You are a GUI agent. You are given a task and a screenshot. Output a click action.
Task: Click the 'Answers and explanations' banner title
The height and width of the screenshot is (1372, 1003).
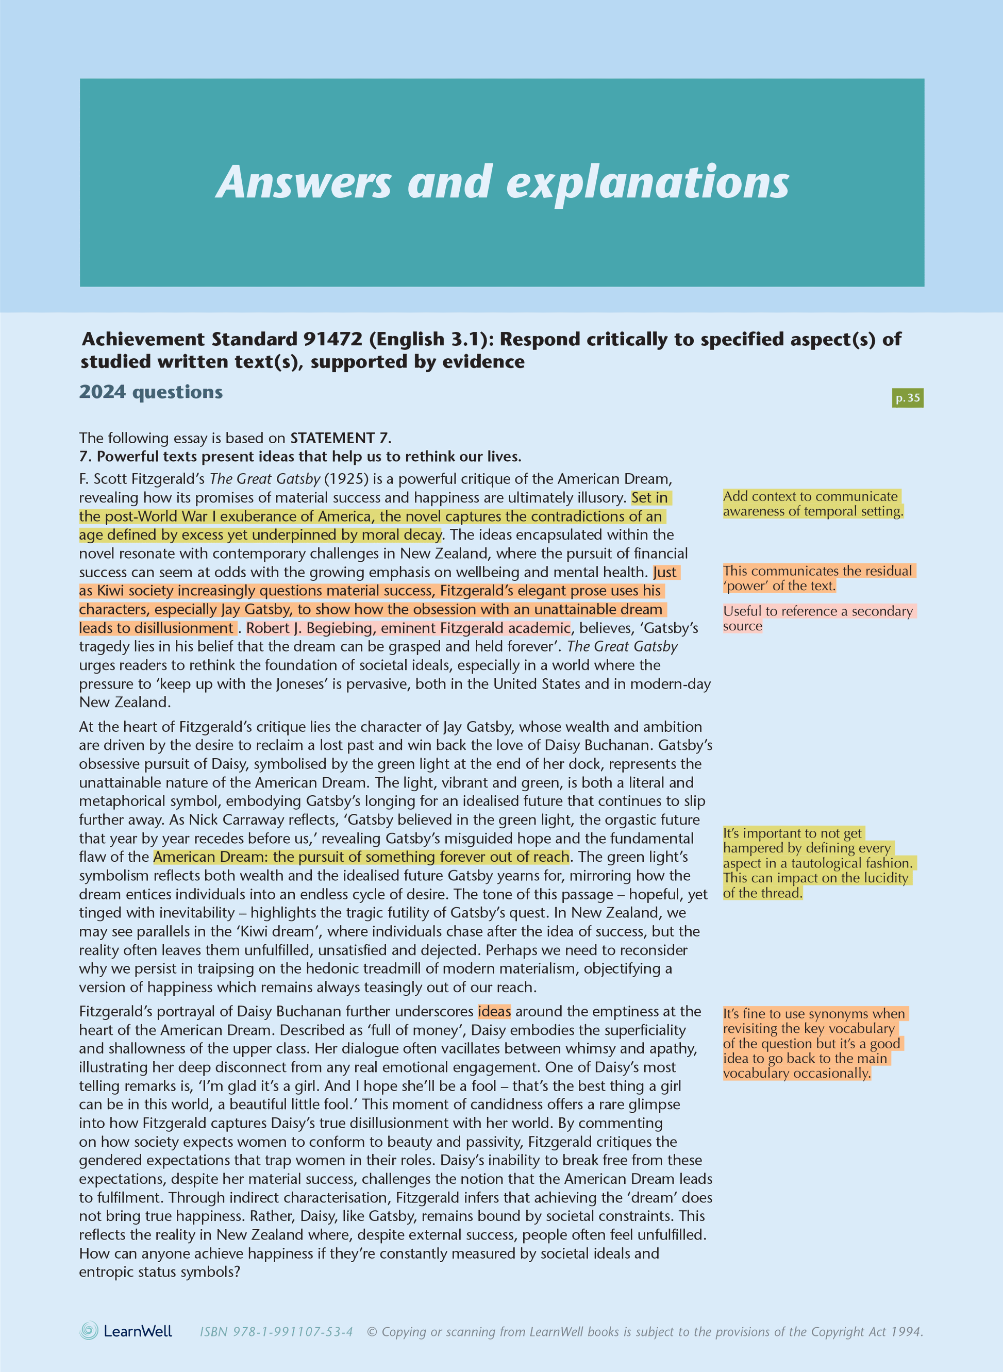[x=502, y=182]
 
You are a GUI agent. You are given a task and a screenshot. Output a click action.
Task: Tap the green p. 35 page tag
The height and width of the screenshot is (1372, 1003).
[x=907, y=398]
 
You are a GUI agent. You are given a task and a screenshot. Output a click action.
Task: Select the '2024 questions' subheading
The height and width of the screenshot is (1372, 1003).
[x=151, y=392]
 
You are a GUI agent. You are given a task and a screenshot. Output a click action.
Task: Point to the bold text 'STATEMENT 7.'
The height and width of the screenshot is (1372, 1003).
[x=341, y=438]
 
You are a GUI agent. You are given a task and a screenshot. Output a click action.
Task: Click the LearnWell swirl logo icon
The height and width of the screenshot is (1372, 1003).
[x=89, y=1331]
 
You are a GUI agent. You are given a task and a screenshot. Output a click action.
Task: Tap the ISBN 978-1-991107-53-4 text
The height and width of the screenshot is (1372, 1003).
[x=276, y=1331]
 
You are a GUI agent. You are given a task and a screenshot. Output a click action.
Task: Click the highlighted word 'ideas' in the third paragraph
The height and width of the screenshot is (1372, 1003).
[x=494, y=1011]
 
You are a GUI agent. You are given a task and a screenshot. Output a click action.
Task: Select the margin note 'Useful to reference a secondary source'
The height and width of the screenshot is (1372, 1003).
[x=818, y=618]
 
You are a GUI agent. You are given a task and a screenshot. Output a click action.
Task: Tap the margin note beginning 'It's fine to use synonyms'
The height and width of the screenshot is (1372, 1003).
[x=813, y=1043]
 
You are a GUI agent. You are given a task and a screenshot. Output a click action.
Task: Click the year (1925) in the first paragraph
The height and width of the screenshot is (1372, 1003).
[x=346, y=479]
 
